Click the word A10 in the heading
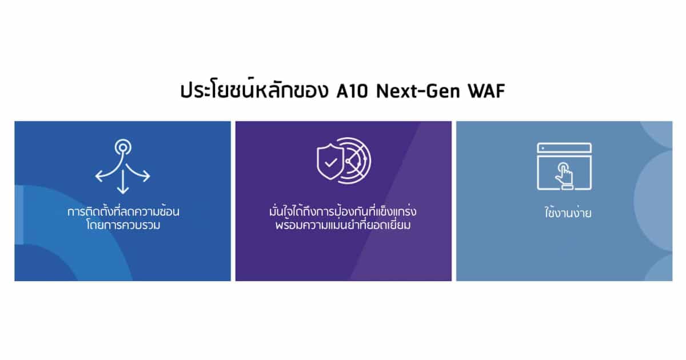point(352,91)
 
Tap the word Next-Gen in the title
point(418,91)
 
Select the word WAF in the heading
point(486,91)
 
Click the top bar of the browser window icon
point(564,148)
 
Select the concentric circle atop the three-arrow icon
point(123,147)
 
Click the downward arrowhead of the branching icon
point(123,190)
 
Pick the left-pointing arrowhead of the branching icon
point(98,177)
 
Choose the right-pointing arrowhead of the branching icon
point(147,177)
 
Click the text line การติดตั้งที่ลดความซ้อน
point(123,211)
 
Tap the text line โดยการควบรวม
point(123,225)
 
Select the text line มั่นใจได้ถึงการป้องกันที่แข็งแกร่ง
point(343,211)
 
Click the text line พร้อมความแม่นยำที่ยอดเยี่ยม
point(343,225)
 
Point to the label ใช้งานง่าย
point(568,213)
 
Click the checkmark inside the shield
point(331,162)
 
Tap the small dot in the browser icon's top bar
point(543,149)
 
